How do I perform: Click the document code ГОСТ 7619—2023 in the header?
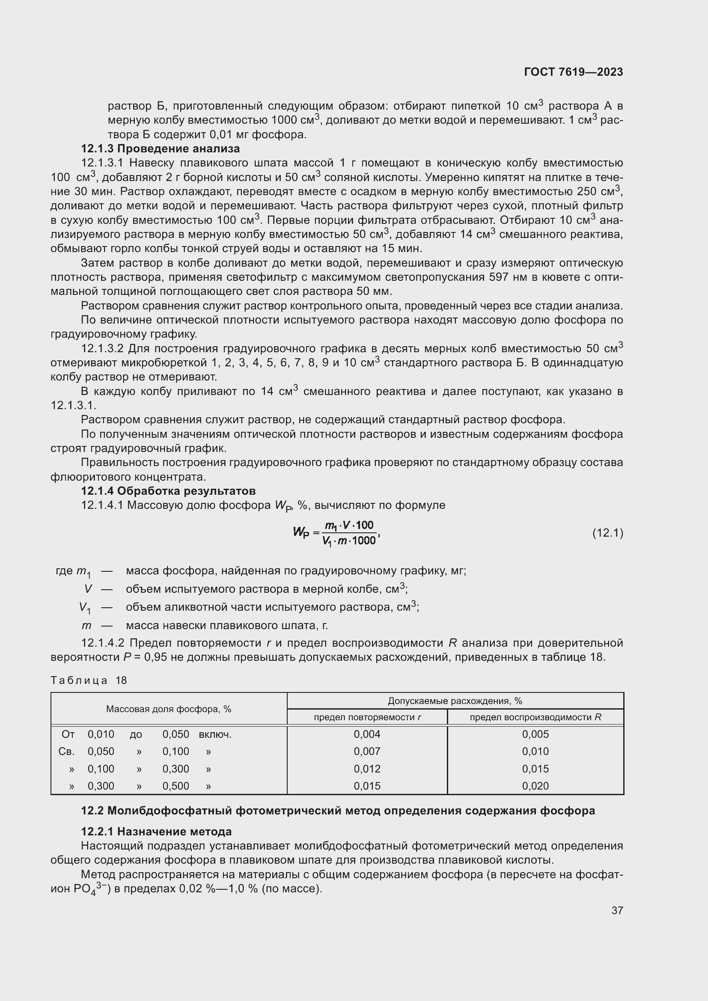point(573,72)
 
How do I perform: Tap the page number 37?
point(617,910)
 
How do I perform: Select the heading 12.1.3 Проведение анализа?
point(161,149)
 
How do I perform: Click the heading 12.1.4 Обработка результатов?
point(168,491)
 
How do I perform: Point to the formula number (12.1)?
point(608,533)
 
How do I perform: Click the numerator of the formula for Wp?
point(349,526)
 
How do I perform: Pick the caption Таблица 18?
point(89,680)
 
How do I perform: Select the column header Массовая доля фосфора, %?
point(169,709)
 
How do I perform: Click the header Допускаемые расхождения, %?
point(455,701)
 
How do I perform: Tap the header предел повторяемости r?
point(367,717)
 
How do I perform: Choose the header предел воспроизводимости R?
point(535,717)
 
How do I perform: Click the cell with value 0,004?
point(367,735)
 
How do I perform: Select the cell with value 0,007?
point(367,751)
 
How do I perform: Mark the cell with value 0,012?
point(367,769)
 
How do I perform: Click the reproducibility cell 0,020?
point(535,786)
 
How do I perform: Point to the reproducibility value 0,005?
point(535,735)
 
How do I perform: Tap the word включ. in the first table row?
point(215,735)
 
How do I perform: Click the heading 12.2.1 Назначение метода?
point(156,832)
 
